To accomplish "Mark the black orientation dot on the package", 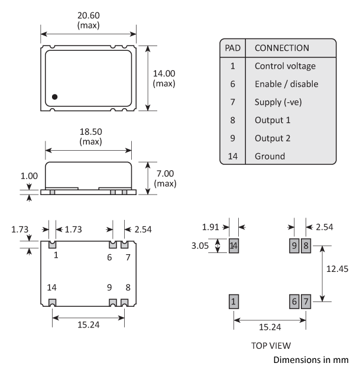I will (x=54, y=96).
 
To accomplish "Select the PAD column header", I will (x=232, y=47).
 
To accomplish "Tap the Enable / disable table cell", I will (x=286, y=84).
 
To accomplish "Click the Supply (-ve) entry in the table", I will (x=278, y=102).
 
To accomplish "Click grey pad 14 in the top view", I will (x=233, y=246).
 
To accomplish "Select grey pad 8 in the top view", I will (x=306, y=246).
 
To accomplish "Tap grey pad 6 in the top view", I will (x=294, y=301).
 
